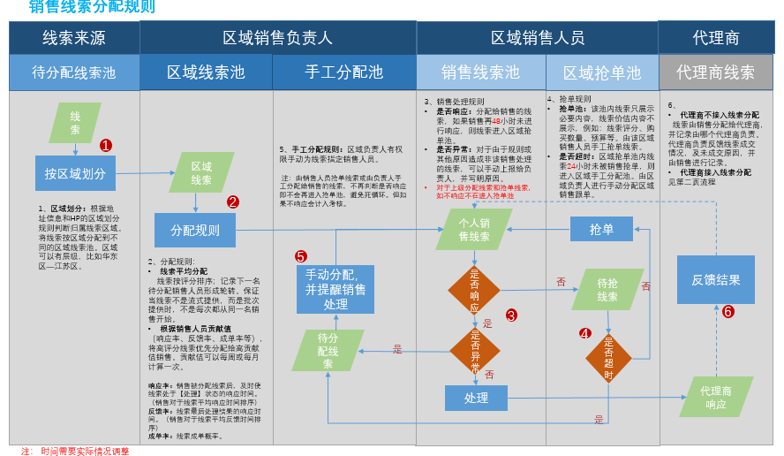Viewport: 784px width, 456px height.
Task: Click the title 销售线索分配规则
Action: [92, 8]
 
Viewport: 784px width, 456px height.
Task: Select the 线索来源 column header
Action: [74, 37]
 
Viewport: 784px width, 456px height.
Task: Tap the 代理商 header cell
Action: [716, 37]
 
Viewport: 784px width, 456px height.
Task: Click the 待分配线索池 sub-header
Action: [74, 72]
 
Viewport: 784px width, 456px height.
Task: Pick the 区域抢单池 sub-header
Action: [602, 72]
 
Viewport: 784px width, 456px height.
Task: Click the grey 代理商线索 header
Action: [716, 72]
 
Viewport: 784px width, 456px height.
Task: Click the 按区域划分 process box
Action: [75, 173]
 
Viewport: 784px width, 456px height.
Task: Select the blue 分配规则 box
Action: [194, 230]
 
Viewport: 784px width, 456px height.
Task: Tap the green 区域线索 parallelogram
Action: [201, 172]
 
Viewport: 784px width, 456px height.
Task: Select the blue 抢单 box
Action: [602, 229]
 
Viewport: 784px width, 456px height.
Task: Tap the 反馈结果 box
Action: [716, 279]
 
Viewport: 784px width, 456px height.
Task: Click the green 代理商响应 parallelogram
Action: [716, 397]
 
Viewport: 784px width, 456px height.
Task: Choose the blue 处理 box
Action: [476, 398]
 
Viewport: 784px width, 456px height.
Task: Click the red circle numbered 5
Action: [301, 256]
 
